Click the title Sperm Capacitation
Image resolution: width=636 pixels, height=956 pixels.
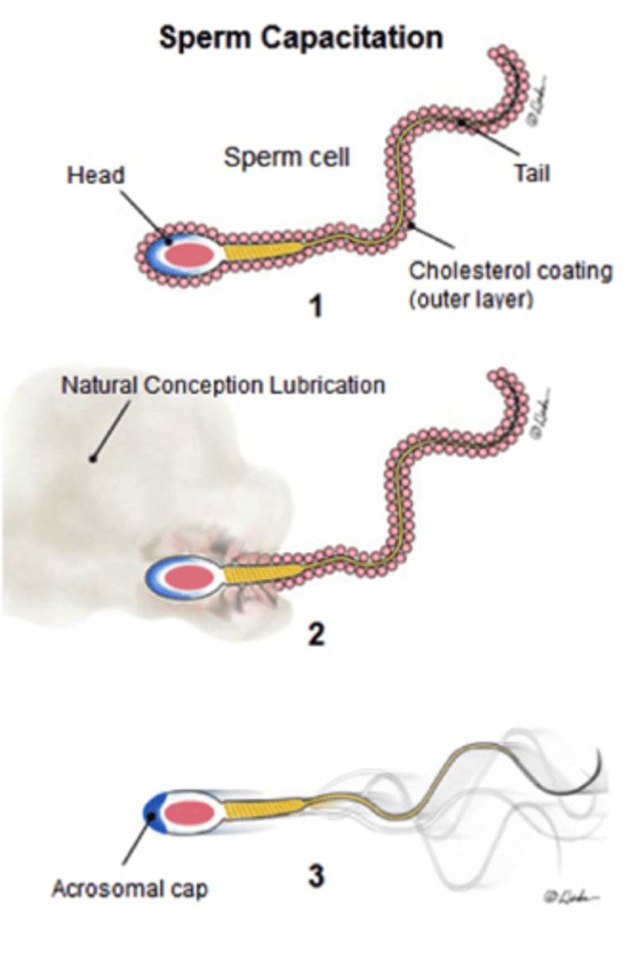click(301, 37)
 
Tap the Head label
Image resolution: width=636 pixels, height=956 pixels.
click(96, 175)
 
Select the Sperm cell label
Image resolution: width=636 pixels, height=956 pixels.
click(286, 157)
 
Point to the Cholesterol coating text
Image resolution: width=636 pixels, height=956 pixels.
click(510, 271)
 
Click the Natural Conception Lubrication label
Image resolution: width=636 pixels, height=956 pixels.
click(223, 386)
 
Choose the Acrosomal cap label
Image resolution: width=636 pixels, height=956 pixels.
click(129, 888)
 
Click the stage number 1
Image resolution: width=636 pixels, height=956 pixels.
click(317, 305)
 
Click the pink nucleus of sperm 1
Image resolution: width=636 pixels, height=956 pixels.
click(188, 254)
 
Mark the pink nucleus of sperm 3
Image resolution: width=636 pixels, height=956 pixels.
click(190, 811)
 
